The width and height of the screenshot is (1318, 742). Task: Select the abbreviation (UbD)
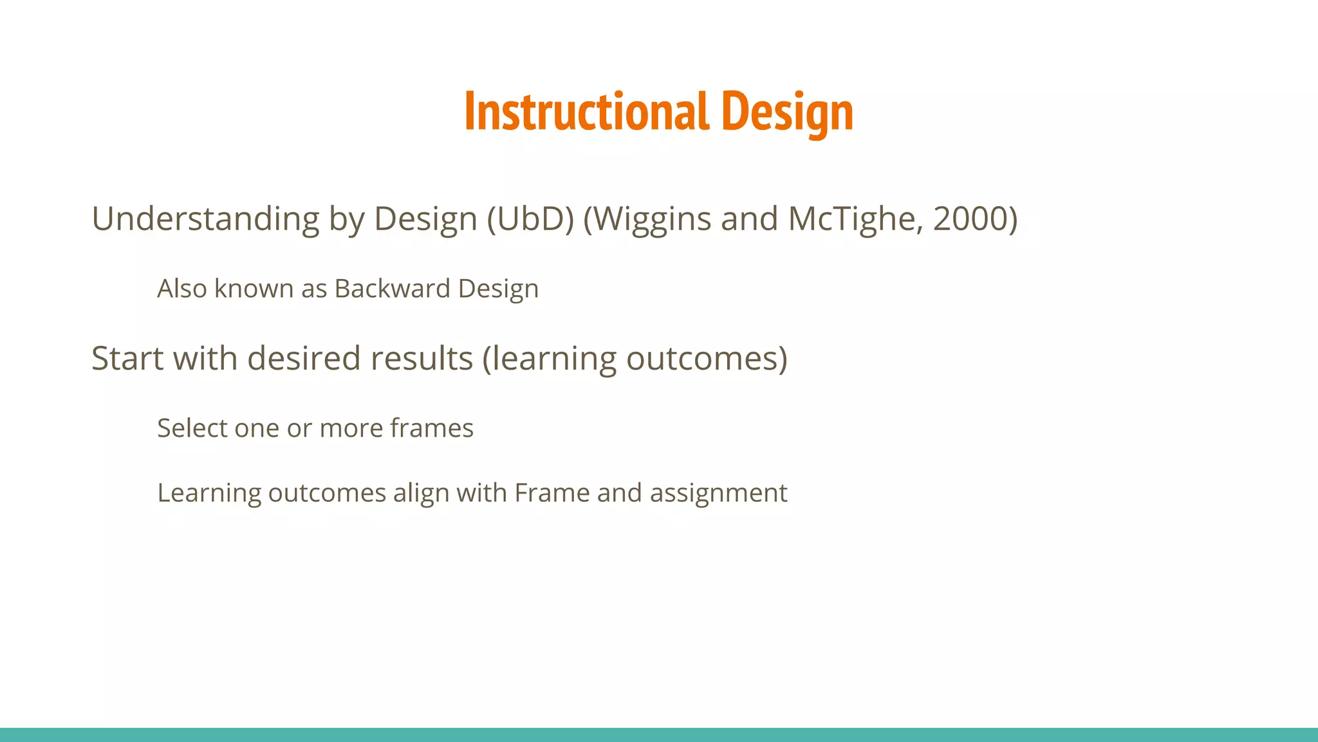click(x=530, y=219)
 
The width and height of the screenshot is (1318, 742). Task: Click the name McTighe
click(x=855, y=219)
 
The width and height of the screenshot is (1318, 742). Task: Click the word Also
click(x=182, y=289)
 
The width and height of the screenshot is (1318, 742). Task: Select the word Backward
click(x=392, y=289)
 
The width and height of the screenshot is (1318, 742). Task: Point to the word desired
click(x=304, y=358)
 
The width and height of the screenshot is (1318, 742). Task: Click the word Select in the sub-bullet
click(x=192, y=428)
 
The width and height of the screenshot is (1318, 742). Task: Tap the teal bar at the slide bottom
click(x=659, y=735)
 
